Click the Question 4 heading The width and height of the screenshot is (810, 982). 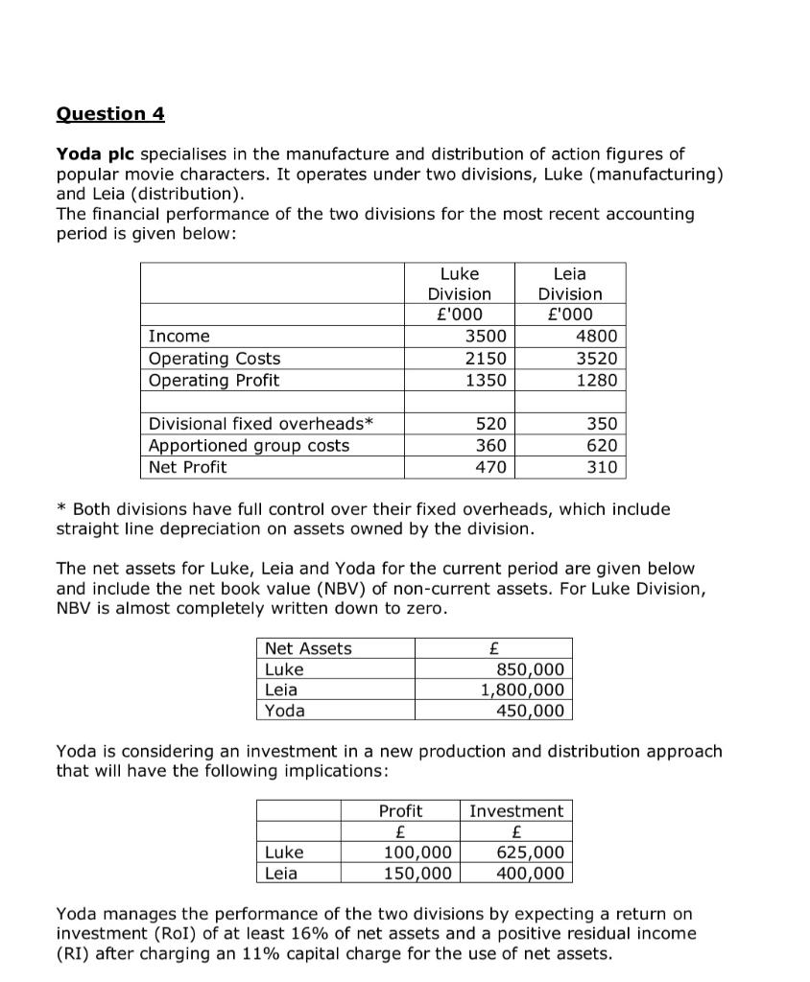[x=110, y=114]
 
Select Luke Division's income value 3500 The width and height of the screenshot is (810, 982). [x=486, y=337]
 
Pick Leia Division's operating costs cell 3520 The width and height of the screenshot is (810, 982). [x=596, y=359]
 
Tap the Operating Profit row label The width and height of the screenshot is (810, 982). [x=214, y=381]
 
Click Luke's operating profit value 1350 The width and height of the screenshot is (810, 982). [x=486, y=381]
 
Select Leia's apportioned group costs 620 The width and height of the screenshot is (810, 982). [x=606, y=446]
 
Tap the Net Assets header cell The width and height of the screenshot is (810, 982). [x=308, y=649]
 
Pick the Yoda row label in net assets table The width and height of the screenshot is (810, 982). [x=285, y=711]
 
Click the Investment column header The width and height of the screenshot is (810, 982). [x=516, y=811]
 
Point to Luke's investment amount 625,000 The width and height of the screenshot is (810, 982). [x=530, y=853]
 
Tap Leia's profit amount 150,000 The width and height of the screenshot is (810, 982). [x=417, y=873]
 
